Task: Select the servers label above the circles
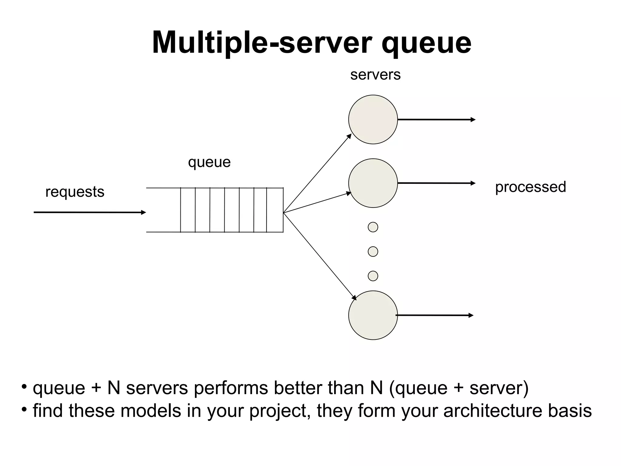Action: point(375,75)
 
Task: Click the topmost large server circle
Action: point(373,120)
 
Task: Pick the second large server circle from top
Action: point(373,183)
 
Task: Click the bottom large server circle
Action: point(373,315)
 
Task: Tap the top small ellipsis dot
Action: point(373,227)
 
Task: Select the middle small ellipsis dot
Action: point(373,252)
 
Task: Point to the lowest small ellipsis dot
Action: point(373,276)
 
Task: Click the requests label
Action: point(75,192)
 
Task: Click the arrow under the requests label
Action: point(90,212)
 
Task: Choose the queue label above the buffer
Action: point(209,162)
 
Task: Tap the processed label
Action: point(530,187)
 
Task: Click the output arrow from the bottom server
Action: point(434,315)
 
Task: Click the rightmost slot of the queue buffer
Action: point(275,210)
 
